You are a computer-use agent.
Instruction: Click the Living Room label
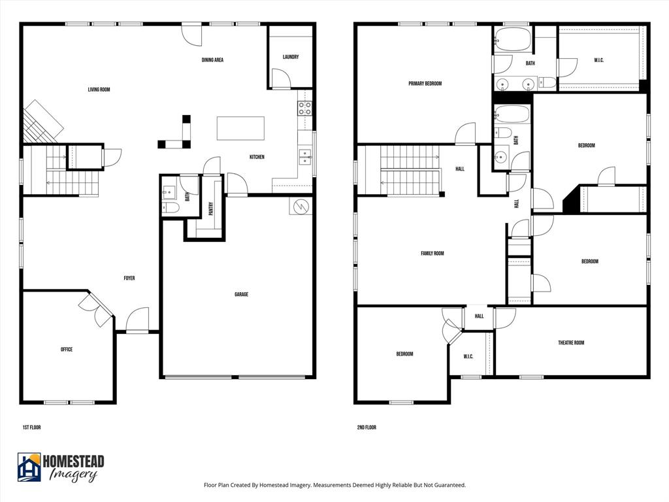[x=99, y=90]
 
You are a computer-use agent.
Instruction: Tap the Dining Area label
[x=212, y=60]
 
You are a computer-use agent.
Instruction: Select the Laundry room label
[x=291, y=57]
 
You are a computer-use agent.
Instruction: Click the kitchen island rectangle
[x=240, y=128]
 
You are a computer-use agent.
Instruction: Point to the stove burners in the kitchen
[x=304, y=108]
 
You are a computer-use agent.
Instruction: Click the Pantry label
[x=211, y=208]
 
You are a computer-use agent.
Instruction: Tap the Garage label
[x=241, y=295]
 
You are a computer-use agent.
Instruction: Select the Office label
[x=66, y=350]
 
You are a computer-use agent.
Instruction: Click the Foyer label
[x=129, y=278]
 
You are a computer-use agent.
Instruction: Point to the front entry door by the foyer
[x=138, y=320]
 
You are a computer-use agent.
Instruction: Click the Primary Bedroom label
[x=425, y=84]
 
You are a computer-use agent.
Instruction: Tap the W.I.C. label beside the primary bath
[x=598, y=60]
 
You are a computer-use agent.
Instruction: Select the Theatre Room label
[x=570, y=343]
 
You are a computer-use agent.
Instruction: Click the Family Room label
[x=432, y=254]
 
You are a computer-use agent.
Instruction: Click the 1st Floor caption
[x=31, y=427]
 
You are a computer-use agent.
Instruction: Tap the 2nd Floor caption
[x=366, y=427]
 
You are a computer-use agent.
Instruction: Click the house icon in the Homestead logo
[x=29, y=467]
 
